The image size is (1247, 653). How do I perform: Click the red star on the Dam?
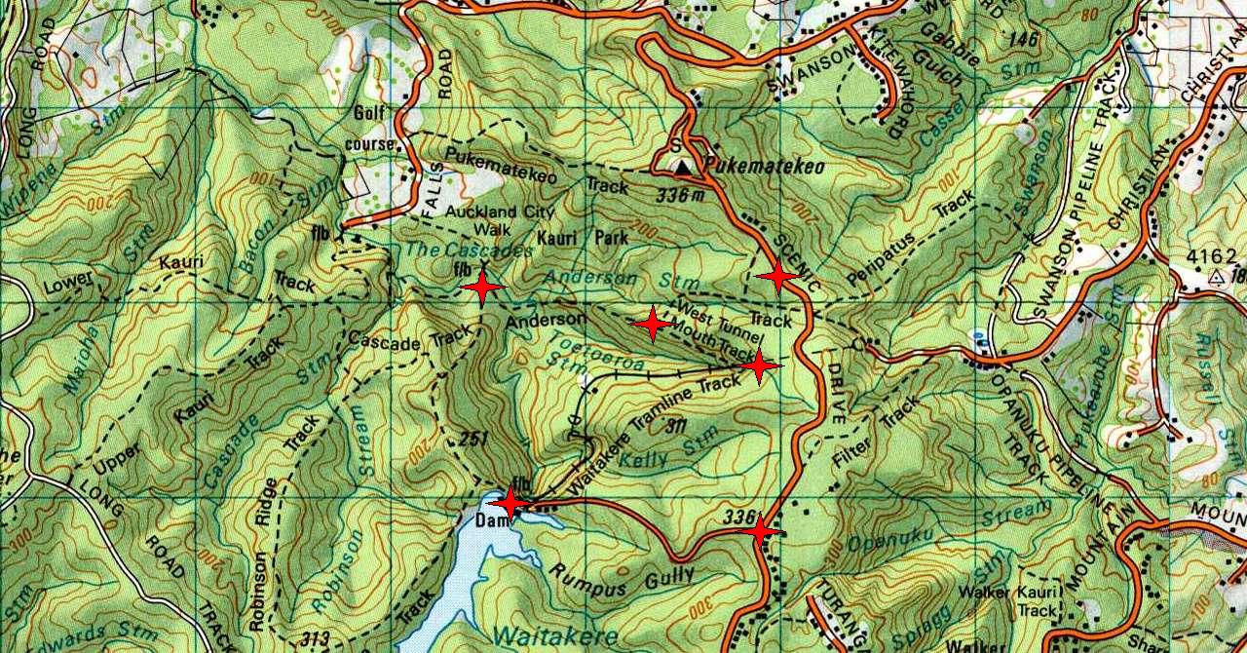pos(509,503)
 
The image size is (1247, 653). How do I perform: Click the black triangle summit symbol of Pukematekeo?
pos(685,168)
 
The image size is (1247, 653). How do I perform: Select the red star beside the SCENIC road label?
pos(777,277)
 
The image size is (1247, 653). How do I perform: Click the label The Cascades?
pos(469,250)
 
